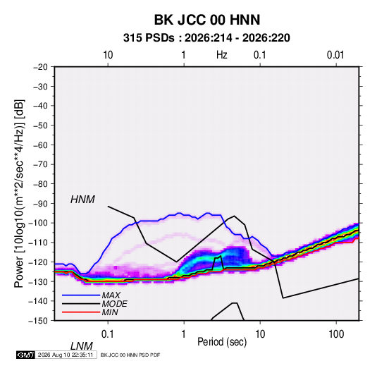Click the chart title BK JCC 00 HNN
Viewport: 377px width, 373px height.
(207, 20)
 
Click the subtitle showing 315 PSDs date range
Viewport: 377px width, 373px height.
(206, 38)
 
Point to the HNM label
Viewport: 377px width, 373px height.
(82, 200)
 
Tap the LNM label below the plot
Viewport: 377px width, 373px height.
(81, 346)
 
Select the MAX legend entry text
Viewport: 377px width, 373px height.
(111, 295)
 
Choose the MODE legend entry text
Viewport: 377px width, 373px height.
(114, 304)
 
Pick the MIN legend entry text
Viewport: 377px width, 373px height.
(110, 312)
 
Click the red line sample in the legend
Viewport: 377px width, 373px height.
(81, 312)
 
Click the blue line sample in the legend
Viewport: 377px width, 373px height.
(81, 295)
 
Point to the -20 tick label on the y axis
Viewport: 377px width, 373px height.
(40, 67)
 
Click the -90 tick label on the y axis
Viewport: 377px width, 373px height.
(40, 204)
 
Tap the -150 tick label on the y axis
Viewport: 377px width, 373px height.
(38, 321)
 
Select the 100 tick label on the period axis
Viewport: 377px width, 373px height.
(336, 334)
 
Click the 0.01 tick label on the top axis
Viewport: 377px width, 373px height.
(335, 55)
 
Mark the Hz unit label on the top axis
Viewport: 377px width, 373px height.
(221, 55)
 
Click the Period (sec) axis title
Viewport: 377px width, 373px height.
(222, 342)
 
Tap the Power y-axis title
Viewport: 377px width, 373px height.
(19, 194)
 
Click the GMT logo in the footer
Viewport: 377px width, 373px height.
(25, 355)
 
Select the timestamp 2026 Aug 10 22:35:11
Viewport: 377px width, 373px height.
(66, 355)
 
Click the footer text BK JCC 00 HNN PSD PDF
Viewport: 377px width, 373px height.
(130, 355)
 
